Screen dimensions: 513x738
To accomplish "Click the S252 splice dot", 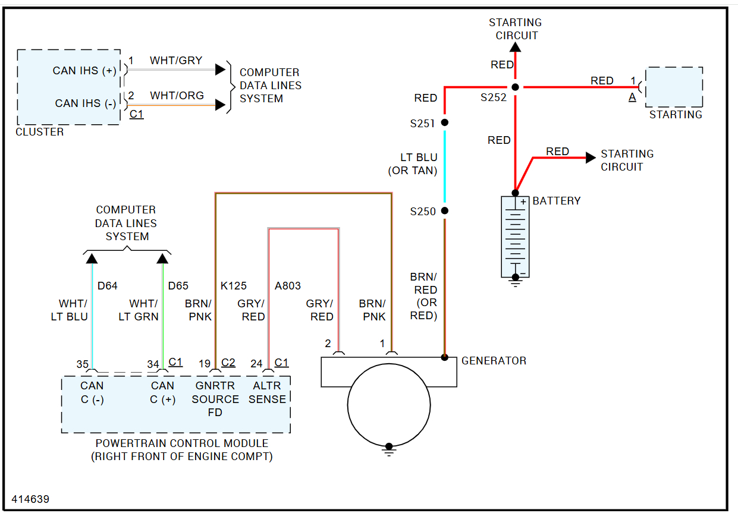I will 516,87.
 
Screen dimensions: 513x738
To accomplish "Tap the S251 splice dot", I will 444,123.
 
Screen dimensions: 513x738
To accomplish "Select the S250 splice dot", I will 444,210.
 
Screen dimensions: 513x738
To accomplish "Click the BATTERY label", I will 557,201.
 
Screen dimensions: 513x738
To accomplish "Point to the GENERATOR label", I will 494,361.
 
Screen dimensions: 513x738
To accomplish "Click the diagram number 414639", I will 30,499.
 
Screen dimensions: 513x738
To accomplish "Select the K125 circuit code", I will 233,286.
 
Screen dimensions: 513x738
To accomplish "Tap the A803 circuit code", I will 288,286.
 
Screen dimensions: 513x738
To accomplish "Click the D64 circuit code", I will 107,286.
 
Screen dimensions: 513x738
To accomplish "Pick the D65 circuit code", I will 178,286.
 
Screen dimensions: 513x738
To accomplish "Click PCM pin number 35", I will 82,364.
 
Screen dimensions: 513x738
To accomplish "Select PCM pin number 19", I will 205,364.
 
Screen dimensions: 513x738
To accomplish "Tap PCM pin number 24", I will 256,364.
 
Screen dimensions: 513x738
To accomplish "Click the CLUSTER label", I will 39,132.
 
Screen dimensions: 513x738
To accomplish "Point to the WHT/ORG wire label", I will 177,96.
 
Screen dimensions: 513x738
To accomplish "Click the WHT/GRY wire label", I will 176,61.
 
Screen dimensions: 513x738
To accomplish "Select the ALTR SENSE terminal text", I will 267,392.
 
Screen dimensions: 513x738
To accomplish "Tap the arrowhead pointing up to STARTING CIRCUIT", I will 516,46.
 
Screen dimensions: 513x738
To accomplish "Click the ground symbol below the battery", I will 515,282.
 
